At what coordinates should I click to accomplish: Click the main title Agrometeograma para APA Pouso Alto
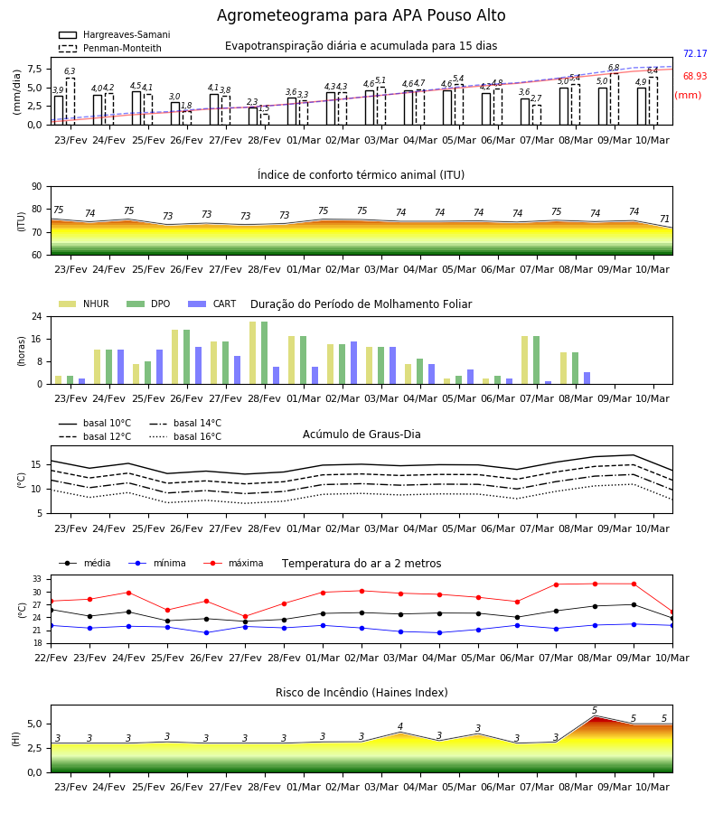[361, 15]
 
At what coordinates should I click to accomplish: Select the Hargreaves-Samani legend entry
[115, 34]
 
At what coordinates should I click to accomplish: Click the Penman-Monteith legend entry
[110, 48]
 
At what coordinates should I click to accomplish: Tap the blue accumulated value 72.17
[695, 53]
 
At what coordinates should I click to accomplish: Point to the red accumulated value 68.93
[695, 76]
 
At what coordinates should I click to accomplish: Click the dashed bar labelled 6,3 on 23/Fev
[70, 101]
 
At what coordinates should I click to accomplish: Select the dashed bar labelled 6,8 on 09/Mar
[614, 99]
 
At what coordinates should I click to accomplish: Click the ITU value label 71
[664, 219]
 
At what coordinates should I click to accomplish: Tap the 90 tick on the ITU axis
[37, 187]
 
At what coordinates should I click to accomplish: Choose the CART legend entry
[212, 304]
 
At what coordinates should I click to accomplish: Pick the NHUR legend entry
[84, 304]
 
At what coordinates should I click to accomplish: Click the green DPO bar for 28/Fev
[265, 353]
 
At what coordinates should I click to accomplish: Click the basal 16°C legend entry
[185, 436]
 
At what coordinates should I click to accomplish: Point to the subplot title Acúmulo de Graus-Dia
[361, 434]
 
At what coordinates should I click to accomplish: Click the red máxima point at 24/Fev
[128, 593]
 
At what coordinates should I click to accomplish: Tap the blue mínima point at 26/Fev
[206, 632]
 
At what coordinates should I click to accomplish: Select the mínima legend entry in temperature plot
[157, 563]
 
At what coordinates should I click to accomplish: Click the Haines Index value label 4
[400, 726]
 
